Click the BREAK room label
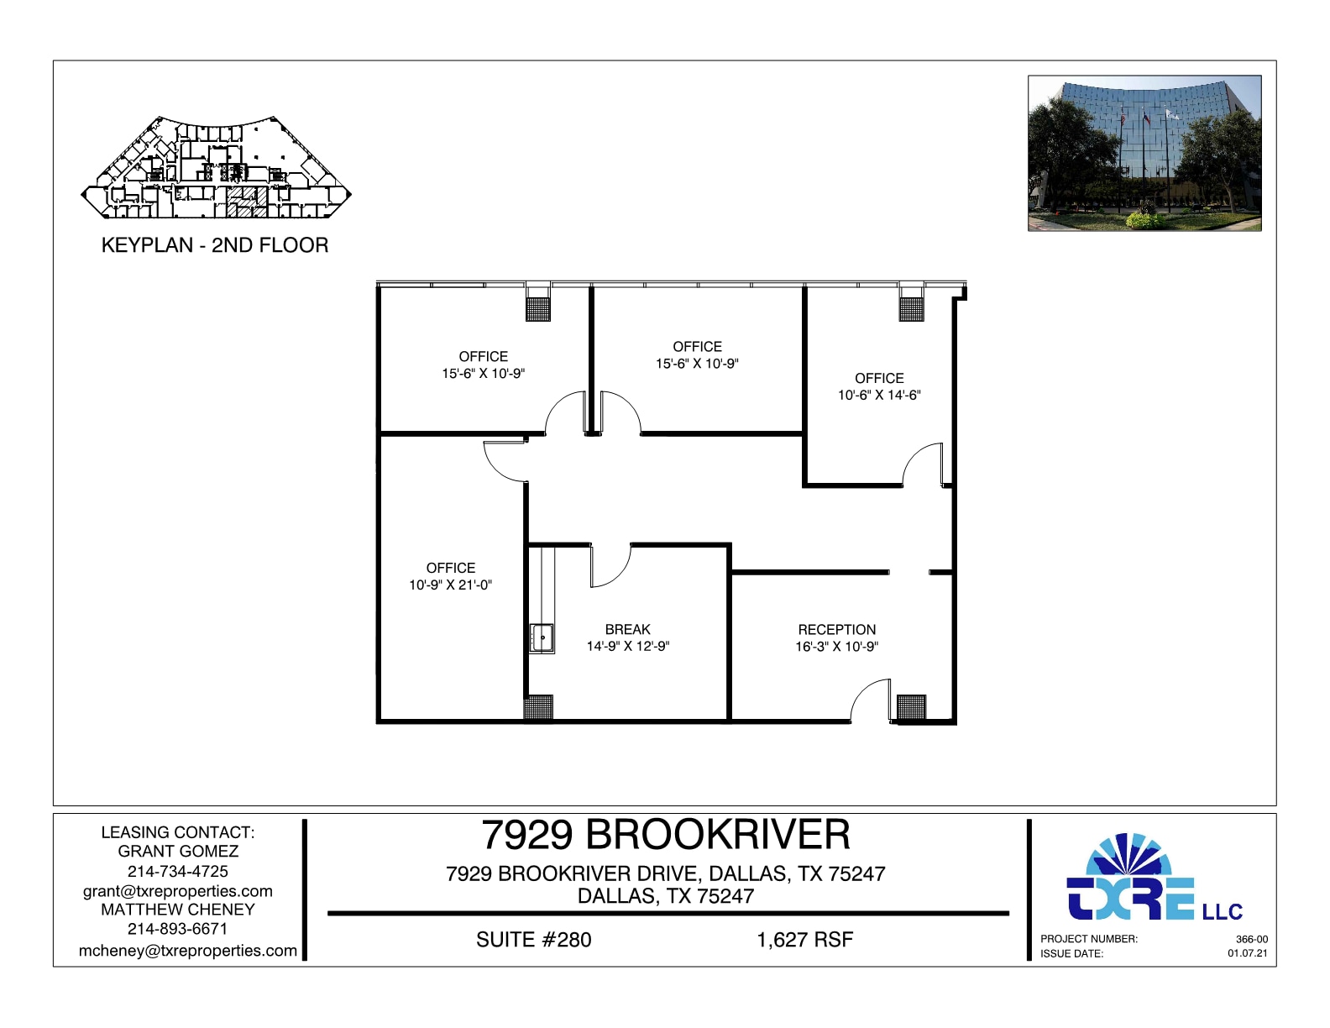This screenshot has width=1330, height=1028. (x=627, y=629)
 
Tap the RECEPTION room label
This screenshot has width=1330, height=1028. (x=836, y=629)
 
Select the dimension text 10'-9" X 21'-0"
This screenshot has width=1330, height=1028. (x=450, y=585)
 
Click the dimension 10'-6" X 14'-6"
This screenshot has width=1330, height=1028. (x=879, y=396)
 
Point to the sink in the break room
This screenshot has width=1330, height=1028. (x=542, y=638)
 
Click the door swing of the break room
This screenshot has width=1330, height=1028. (x=610, y=565)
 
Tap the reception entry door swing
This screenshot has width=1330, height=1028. (x=871, y=701)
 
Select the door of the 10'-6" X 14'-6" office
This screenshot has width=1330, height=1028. (x=924, y=464)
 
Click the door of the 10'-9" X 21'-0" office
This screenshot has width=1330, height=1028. (x=505, y=461)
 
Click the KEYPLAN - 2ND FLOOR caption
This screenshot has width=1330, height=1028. (x=215, y=245)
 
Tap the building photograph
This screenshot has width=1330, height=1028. (x=1144, y=153)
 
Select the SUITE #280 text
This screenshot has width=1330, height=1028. (x=533, y=940)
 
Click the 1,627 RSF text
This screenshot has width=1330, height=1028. (x=804, y=940)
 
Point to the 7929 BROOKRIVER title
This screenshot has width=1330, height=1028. (x=666, y=835)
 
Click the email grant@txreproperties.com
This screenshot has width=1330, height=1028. (x=178, y=891)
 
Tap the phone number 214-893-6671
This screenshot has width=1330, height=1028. (x=178, y=929)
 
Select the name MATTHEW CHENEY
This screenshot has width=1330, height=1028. (x=178, y=910)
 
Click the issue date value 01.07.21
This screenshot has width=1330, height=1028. (x=1248, y=953)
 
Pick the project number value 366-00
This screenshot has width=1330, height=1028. (x=1251, y=939)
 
